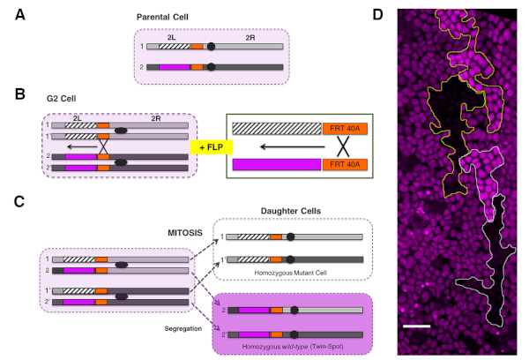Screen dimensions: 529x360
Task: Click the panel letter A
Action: (20, 15)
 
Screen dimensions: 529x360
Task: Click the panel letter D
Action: (378, 15)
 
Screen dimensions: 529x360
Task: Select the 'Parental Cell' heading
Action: (162, 17)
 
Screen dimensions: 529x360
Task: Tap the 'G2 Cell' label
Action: (61, 99)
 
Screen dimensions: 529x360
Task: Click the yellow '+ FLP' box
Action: (212, 147)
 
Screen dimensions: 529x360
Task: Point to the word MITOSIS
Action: (185, 233)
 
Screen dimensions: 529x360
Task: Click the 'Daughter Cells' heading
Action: (291, 211)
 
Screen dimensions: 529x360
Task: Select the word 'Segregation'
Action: (183, 328)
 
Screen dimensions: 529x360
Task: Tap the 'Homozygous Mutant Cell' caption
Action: (290, 273)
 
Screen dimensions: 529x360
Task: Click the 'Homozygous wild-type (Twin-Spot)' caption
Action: (293, 347)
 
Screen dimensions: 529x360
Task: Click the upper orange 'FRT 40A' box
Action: (345, 129)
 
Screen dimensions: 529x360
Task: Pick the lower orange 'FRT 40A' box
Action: (345, 164)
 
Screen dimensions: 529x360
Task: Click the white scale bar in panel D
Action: (417, 326)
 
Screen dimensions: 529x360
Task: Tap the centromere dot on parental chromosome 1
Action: (212, 46)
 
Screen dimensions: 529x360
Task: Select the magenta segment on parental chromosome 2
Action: (175, 67)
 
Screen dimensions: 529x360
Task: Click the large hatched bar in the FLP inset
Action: (277, 129)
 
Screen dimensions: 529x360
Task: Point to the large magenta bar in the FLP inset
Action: (277, 164)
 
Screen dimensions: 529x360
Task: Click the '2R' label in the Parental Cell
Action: (250, 38)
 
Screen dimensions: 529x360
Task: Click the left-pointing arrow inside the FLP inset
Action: (293, 146)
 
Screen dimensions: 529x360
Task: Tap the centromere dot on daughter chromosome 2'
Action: (294, 334)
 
